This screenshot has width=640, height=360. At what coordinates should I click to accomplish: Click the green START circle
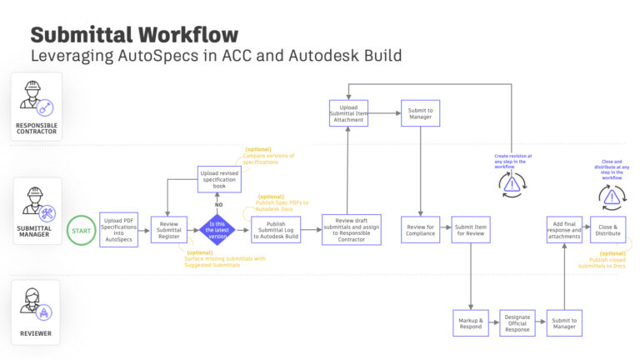point(81,229)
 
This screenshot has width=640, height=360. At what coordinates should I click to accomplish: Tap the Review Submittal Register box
point(168,229)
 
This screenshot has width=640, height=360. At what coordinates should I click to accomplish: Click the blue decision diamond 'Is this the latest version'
point(217,229)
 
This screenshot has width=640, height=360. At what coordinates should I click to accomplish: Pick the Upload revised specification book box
point(219,178)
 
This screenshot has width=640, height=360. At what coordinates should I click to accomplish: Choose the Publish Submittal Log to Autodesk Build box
point(276,229)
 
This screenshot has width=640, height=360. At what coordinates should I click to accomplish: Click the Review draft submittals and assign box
point(351,229)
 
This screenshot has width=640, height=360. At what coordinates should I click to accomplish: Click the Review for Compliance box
point(421,229)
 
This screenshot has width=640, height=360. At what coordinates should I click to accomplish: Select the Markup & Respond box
point(471,322)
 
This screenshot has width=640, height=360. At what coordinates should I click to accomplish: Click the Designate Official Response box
point(518,322)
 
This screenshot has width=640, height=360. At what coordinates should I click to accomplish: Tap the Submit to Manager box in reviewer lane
point(565,322)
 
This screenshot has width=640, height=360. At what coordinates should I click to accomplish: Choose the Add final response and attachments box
point(565,229)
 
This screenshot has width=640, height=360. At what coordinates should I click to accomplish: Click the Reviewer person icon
point(35,307)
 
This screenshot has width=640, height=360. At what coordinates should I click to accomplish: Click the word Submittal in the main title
point(78,35)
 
